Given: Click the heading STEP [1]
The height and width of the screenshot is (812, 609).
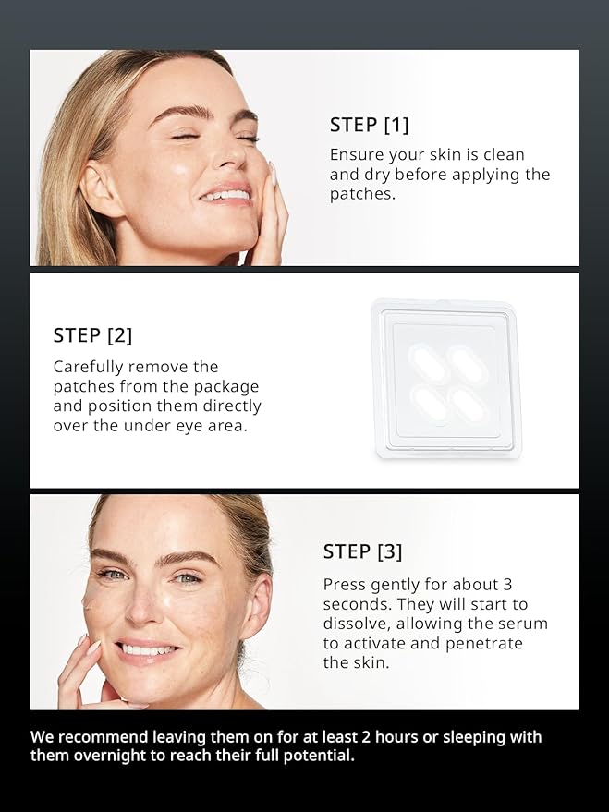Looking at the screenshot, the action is point(370,125).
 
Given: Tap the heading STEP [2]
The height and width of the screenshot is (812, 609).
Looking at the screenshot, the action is point(92,335).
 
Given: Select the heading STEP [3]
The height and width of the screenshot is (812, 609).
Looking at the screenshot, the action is point(362,551).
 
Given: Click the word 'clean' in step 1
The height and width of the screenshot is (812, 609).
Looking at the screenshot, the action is point(504,155).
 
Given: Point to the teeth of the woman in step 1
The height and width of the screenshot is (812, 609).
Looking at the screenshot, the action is point(225,195).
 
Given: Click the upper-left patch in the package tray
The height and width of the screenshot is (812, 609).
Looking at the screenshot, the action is point(428,363).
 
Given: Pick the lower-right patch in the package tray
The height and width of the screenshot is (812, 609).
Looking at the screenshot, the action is point(469,406).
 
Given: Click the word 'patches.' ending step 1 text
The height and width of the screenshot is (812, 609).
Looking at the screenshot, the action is point(362,194).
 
